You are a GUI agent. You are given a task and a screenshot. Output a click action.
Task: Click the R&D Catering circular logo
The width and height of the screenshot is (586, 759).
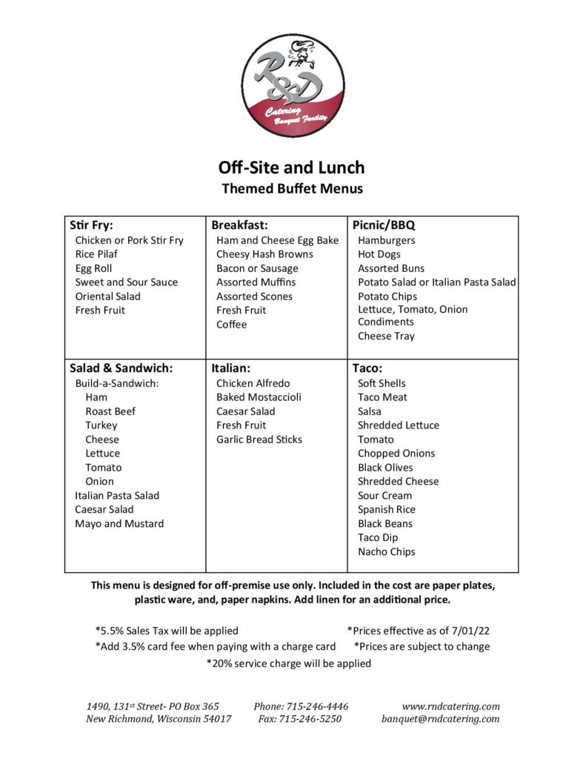click(x=293, y=85)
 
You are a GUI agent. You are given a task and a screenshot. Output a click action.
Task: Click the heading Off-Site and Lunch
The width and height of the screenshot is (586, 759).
click(x=292, y=168)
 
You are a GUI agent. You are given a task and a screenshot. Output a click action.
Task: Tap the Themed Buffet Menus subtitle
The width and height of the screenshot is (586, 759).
click(x=293, y=189)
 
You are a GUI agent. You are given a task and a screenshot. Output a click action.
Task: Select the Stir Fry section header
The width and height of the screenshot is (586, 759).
click(x=91, y=225)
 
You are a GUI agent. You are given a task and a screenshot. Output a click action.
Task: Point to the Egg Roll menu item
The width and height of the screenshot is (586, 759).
click(x=93, y=268)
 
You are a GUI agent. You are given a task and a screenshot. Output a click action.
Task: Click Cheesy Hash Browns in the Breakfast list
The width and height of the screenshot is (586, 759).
click(x=264, y=254)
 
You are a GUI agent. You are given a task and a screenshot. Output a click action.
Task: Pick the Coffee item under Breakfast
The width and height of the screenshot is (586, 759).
click(x=231, y=325)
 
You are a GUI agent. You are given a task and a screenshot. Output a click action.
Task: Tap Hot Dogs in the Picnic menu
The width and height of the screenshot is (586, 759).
click(x=379, y=254)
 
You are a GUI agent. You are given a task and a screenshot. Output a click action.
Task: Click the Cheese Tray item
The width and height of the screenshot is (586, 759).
click(x=386, y=336)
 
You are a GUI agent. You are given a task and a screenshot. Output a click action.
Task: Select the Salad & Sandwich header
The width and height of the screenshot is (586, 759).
click(x=121, y=368)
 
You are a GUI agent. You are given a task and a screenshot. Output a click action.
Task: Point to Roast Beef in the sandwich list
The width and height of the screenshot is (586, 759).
click(x=110, y=411)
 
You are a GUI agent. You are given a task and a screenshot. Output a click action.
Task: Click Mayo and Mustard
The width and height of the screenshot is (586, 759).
click(x=119, y=523)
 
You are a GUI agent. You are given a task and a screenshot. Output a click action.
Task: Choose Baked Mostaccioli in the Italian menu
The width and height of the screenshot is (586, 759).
click(x=259, y=397)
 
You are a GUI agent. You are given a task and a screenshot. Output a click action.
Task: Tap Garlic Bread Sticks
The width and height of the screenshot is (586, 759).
click(x=259, y=440)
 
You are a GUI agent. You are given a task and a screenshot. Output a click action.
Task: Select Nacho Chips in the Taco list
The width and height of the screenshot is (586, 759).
click(x=386, y=551)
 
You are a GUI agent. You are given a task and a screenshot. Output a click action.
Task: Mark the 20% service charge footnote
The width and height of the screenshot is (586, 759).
click(x=288, y=663)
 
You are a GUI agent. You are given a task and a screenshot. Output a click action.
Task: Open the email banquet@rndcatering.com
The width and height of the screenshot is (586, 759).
click(x=440, y=718)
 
